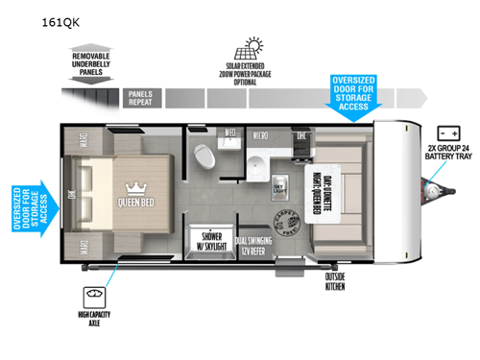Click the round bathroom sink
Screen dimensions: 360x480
(258, 170)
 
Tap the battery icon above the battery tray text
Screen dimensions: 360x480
(446, 132)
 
